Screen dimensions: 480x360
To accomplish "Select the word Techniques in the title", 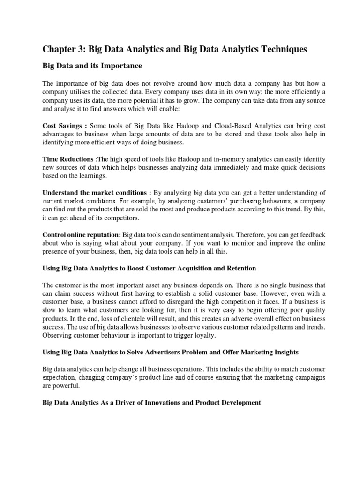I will pyautogui.click(x=281, y=49).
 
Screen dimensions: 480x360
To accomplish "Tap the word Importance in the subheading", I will pyautogui.click(x=121, y=66).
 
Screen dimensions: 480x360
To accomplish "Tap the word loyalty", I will pyautogui.click(x=202, y=335).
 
